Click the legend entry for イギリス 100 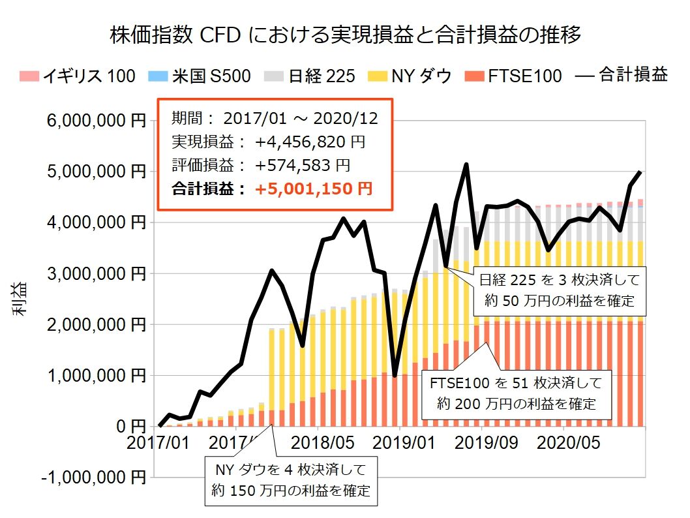[x=78, y=76]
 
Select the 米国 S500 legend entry [x=203, y=76]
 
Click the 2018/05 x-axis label [x=323, y=443]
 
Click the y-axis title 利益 [x=20, y=299]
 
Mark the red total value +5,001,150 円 [x=314, y=189]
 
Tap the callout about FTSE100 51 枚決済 [x=516, y=392]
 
